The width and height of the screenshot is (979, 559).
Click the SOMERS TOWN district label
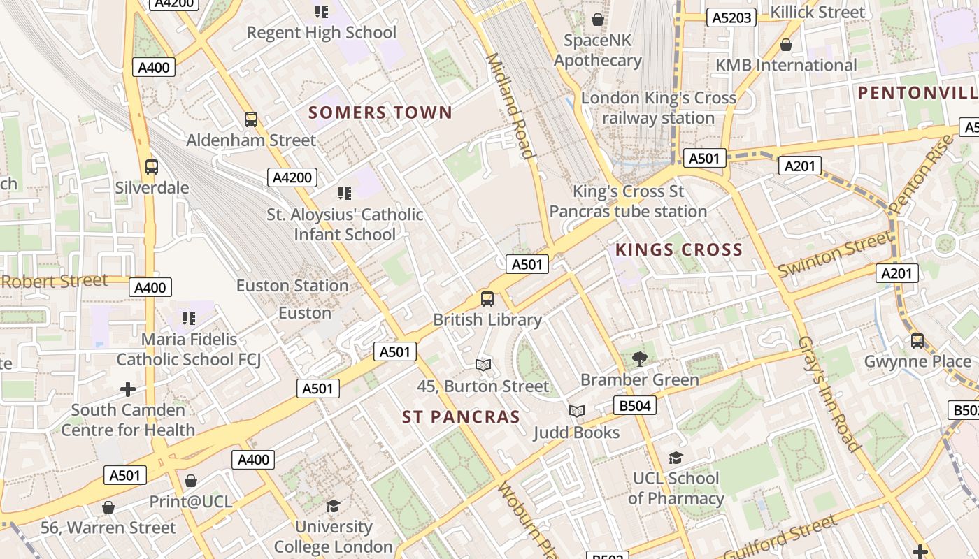click(x=380, y=112)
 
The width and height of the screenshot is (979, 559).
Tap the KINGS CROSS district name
click(x=678, y=250)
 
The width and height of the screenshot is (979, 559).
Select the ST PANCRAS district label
click(x=461, y=417)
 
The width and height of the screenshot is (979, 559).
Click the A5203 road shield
click(x=731, y=17)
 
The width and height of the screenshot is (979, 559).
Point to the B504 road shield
click(x=635, y=405)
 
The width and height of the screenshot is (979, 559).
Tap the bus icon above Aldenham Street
click(x=251, y=119)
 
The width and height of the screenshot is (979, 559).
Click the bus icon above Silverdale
click(x=151, y=167)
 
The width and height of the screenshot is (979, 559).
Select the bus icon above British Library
click(x=487, y=299)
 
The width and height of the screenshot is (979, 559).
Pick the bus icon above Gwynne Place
click(x=917, y=341)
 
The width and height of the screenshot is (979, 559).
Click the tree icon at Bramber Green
click(x=639, y=359)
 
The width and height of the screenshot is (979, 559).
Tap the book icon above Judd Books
click(x=576, y=412)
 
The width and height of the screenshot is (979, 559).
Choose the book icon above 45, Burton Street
click(x=483, y=365)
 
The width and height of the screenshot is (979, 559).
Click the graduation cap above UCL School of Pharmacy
click(x=675, y=458)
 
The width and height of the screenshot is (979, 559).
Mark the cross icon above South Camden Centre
click(x=127, y=389)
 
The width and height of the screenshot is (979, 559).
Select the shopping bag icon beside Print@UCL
click(x=191, y=481)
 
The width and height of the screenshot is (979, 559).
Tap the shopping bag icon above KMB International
click(x=786, y=45)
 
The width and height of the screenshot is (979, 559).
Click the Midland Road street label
click(x=510, y=106)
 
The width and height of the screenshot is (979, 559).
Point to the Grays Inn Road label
click(x=828, y=395)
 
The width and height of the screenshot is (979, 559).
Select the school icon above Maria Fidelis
click(x=189, y=319)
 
